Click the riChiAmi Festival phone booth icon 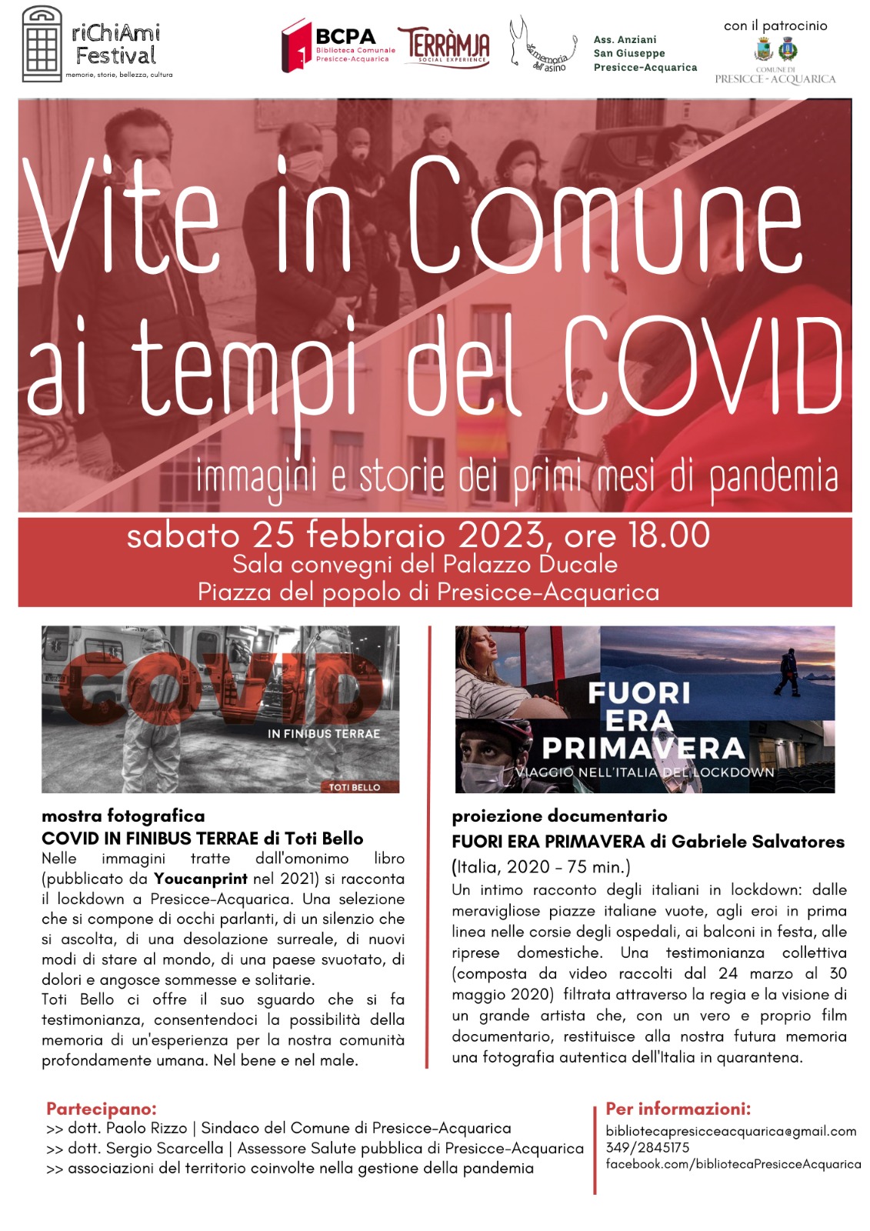point(42,44)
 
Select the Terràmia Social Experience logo point(443,47)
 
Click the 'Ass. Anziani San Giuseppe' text point(645,53)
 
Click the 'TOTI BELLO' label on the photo point(355,787)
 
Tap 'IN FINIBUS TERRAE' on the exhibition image point(324,734)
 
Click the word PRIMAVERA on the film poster point(643,748)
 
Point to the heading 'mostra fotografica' point(123,816)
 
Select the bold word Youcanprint point(201,879)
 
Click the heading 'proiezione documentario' point(559,816)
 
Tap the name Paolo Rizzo point(146,1129)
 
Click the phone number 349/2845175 point(648,1148)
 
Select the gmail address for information point(731,1131)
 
